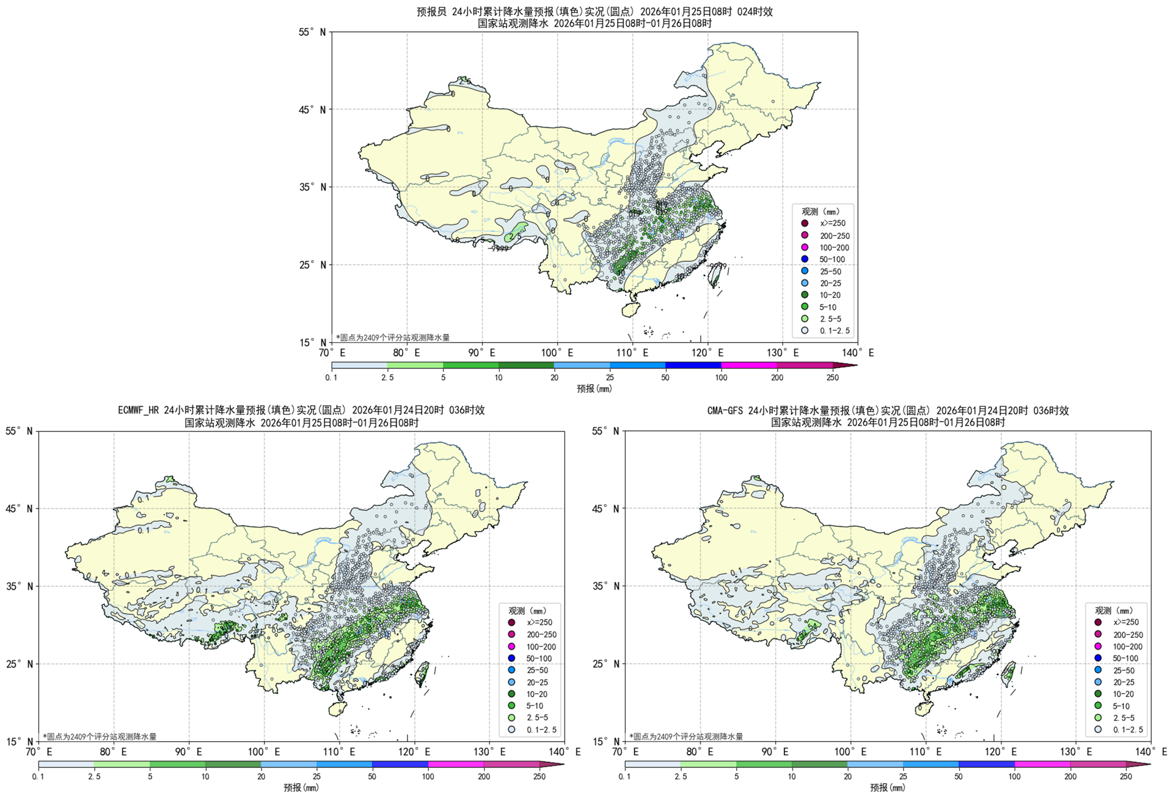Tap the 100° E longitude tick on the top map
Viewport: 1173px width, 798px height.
(x=557, y=353)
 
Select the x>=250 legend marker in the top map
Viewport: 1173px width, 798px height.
(x=805, y=224)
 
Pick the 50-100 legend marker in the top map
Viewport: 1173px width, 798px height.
(x=805, y=259)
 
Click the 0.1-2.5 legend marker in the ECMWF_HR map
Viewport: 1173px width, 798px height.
(x=511, y=730)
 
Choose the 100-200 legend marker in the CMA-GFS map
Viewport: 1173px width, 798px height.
(x=1098, y=646)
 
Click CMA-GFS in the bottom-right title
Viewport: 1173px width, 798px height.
(x=725, y=411)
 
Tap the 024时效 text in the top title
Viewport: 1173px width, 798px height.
(x=755, y=12)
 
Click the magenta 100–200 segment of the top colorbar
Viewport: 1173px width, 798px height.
(x=749, y=365)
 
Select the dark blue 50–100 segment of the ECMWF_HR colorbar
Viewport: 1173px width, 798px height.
(x=400, y=764)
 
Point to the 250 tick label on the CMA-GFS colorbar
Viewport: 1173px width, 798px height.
(x=1125, y=777)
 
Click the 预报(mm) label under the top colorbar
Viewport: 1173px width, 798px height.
(x=594, y=389)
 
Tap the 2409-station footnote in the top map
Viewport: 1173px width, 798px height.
(x=393, y=337)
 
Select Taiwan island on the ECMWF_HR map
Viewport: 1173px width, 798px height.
(x=422, y=673)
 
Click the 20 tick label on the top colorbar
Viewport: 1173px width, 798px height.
(x=554, y=378)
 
